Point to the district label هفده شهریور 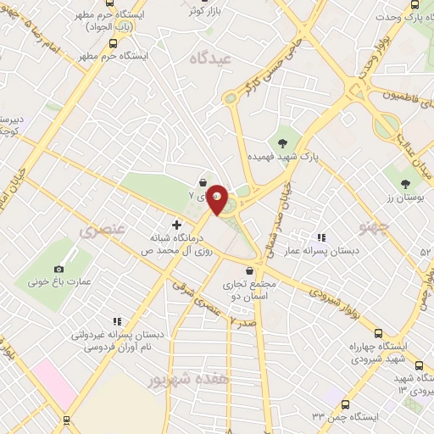[177, 380]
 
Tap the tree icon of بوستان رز [406, 183]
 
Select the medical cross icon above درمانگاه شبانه [176, 225]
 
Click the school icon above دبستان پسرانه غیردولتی [118, 320]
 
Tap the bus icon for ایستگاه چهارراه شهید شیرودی [379, 333]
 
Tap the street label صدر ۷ [243, 323]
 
